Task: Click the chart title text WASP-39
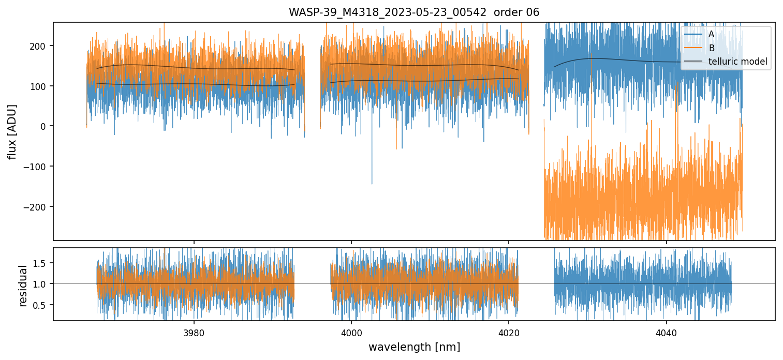[413, 12]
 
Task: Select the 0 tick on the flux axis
[43, 126]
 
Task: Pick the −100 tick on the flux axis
[36, 167]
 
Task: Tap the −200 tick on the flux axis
[36, 207]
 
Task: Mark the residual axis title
[23, 286]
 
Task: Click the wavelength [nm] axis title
[414, 347]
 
